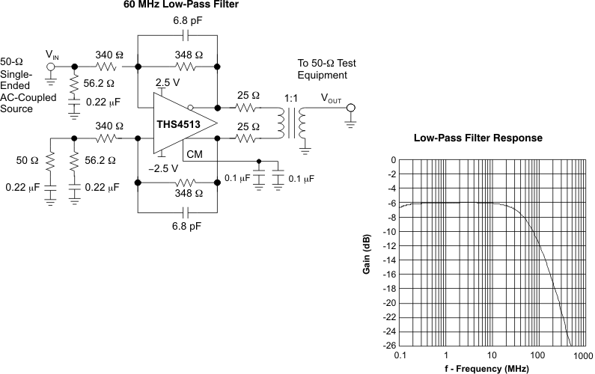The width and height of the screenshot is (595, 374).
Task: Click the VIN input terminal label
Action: pos(52,55)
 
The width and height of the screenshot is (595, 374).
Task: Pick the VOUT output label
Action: pos(335,98)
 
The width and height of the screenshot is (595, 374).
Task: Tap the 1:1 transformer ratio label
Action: pos(293,97)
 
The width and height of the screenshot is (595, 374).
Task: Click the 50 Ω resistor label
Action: pos(28,160)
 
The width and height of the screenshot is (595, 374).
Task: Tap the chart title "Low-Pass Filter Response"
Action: pos(477,138)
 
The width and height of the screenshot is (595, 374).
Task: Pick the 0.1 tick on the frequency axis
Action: pos(401,355)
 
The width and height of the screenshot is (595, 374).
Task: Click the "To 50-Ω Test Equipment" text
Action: pos(323,70)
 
